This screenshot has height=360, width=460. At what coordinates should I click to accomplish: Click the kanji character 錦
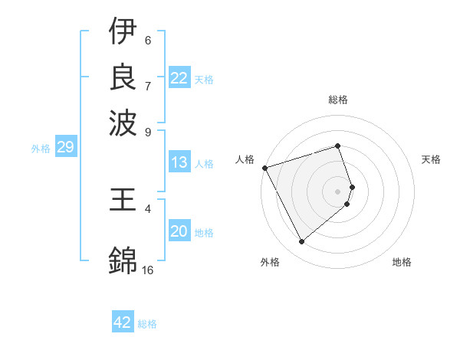pyautogui.click(x=123, y=260)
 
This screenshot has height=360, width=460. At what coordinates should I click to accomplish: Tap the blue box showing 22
pyautogui.click(x=179, y=78)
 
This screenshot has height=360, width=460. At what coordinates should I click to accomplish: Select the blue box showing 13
pyautogui.click(x=179, y=162)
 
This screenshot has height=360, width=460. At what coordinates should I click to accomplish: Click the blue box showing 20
pyautogui.click(x=179, y=232)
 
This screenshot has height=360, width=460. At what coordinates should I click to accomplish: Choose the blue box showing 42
pyautogui.click(x=123, y=322)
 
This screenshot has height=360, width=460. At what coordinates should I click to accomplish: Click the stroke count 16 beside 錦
pyautogui.click(x=148, y=270)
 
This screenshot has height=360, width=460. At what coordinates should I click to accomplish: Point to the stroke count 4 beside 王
pyautogui.click(x=148, y=208)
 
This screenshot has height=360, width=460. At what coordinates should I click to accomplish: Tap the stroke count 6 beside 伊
pyautogui.click(x=148, y=40)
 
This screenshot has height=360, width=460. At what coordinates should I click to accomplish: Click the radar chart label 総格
pyautogui.click(x=338, y=100)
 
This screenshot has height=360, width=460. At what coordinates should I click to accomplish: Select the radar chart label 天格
pyautogui.click(x=431, y=159)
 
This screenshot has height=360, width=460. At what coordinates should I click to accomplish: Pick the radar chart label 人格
pyautogui.click(x=245, y=159)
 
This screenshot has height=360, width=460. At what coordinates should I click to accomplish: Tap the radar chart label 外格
pyautogui.click(x=270, y=262)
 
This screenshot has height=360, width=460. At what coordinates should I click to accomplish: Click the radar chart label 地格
pyautogui.click(x=402, y=262)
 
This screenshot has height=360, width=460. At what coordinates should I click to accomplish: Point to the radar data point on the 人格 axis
pyautogui.click(x=264, y=167)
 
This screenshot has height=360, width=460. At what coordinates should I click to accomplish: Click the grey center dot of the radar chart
pyautogui.click(x=338, y=191)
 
